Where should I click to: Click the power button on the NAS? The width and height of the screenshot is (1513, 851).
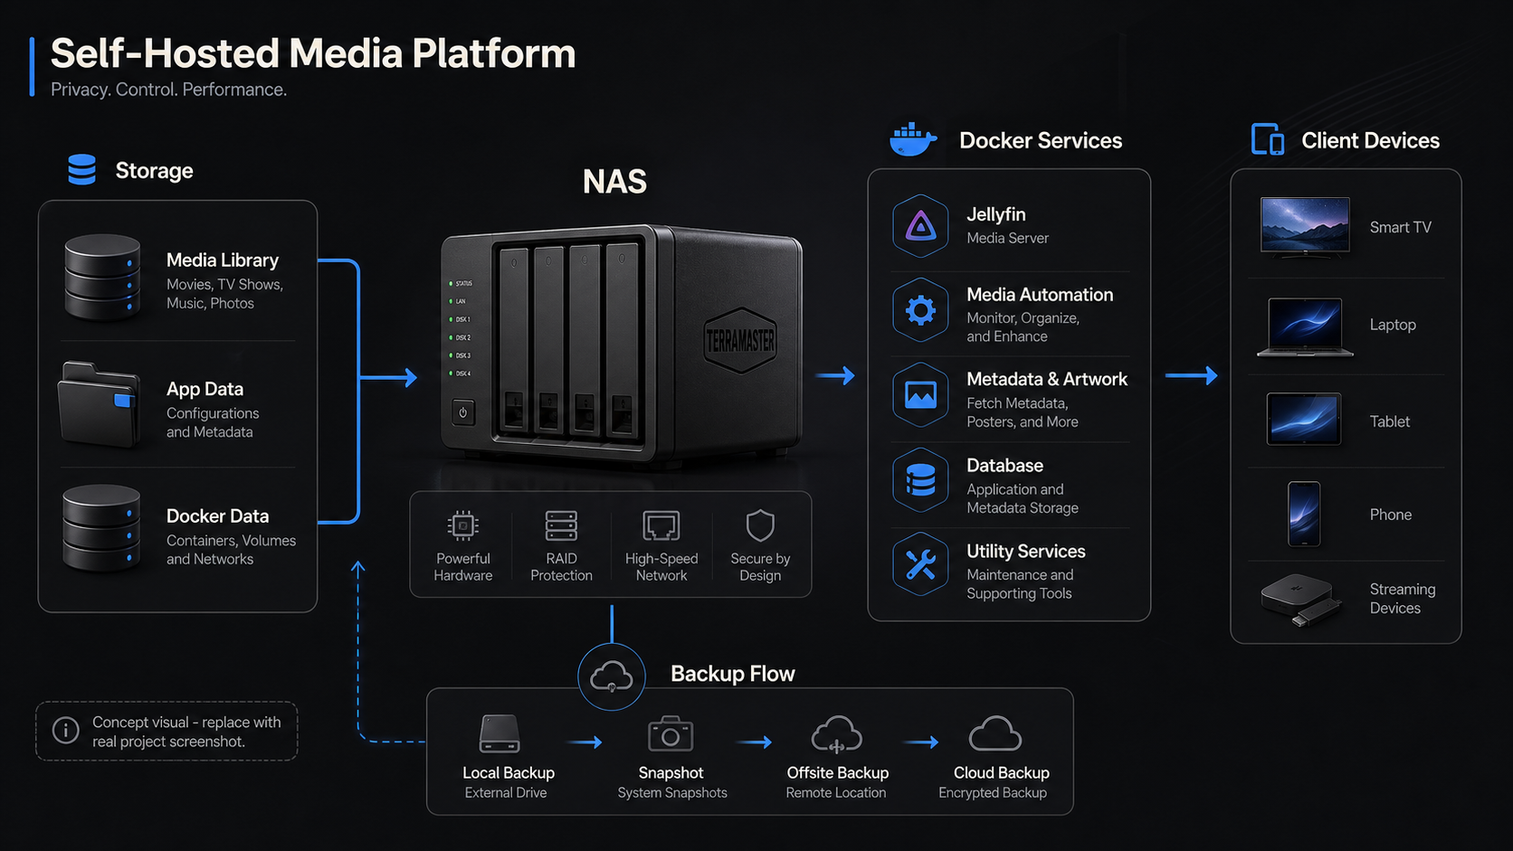point(462,412)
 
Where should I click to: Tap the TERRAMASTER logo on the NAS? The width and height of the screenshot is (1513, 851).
point(740,341)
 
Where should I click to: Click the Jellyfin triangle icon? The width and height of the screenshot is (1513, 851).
point(920,225)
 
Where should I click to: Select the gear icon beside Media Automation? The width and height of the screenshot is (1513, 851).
point(920,310)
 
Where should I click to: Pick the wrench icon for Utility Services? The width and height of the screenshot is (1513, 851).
point(920,564)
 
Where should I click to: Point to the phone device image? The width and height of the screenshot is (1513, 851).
point(1304,515)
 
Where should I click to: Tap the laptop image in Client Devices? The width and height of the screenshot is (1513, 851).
point(1305,327)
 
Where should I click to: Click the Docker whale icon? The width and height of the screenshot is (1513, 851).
point(912,139)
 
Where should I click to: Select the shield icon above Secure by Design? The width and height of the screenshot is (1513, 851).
point(760,525)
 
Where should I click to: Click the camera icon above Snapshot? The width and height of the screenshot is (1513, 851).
point(670,733)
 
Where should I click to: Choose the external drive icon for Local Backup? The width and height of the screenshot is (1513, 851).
point(500,733)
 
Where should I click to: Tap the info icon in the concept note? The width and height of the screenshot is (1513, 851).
point(65,730)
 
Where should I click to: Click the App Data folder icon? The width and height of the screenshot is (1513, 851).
point(100,405)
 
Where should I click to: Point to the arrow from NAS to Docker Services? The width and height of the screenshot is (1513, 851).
point(835,375)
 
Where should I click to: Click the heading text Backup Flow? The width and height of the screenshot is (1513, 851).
point(732,674)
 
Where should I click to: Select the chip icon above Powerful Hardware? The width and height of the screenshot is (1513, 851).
point(462,525)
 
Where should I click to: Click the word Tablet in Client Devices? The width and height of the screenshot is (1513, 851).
point(1389,421)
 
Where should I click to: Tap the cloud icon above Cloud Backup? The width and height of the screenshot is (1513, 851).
point(994,733)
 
